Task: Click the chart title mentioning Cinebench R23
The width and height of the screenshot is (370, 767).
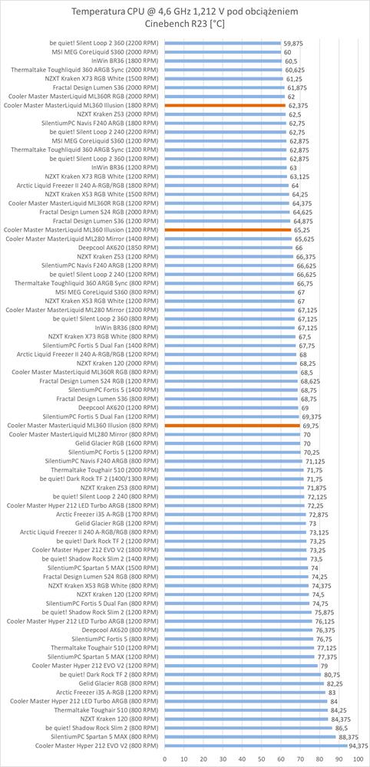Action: point(184,18)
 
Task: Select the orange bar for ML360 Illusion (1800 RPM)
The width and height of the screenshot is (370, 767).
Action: point(225,105)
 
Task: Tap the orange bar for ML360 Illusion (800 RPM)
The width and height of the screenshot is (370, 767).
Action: point(232,426)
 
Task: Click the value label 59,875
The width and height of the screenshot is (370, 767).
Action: point(292,43)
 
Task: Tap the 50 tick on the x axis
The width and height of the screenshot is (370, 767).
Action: point(261,759)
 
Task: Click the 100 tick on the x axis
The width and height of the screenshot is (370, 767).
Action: point(358,759)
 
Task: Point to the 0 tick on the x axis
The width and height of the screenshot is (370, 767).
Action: point(164,759)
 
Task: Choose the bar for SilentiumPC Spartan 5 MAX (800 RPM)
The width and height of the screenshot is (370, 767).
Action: point(250,738)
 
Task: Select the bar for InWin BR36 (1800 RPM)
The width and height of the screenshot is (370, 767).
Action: point(223,61)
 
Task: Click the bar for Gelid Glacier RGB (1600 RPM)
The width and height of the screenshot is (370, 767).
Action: point(233,443)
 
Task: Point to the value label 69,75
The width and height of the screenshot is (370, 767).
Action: point(309,426)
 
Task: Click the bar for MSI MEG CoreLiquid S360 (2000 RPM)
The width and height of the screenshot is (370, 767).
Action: point(223,52)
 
